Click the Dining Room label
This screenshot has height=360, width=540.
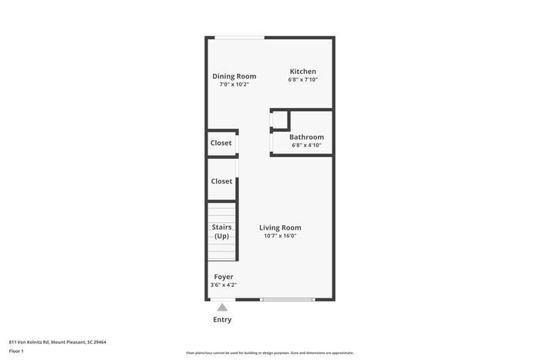click(234, 76)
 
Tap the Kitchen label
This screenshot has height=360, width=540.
click(302, 72)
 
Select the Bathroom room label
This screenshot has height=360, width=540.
click(306, 137)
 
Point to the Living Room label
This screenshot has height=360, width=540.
click(280, 227)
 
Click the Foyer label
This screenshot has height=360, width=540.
click(224, 277)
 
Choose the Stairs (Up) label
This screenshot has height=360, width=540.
click(222, 231)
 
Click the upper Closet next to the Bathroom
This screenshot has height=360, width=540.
click(221, 143)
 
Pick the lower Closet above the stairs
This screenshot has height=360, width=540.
click(221, 181)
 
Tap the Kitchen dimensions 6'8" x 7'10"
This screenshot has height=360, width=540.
click(302, 79)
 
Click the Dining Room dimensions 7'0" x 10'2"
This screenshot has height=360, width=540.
click(234, 84)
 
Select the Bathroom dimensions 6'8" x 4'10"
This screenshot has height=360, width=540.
click(306, 145)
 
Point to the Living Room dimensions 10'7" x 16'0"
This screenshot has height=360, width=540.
click(280, 236)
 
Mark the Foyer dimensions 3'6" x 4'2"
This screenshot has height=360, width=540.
click(224, 284)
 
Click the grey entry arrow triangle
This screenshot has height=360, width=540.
click(222, 307)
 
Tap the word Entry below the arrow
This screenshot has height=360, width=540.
click(222, 319)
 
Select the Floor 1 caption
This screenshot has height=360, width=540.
click(16, 351)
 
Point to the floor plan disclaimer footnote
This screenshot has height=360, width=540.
click(270, 352)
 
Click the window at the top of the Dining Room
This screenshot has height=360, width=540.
click(239, 37)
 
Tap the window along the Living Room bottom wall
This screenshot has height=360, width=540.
click(287, 299)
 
